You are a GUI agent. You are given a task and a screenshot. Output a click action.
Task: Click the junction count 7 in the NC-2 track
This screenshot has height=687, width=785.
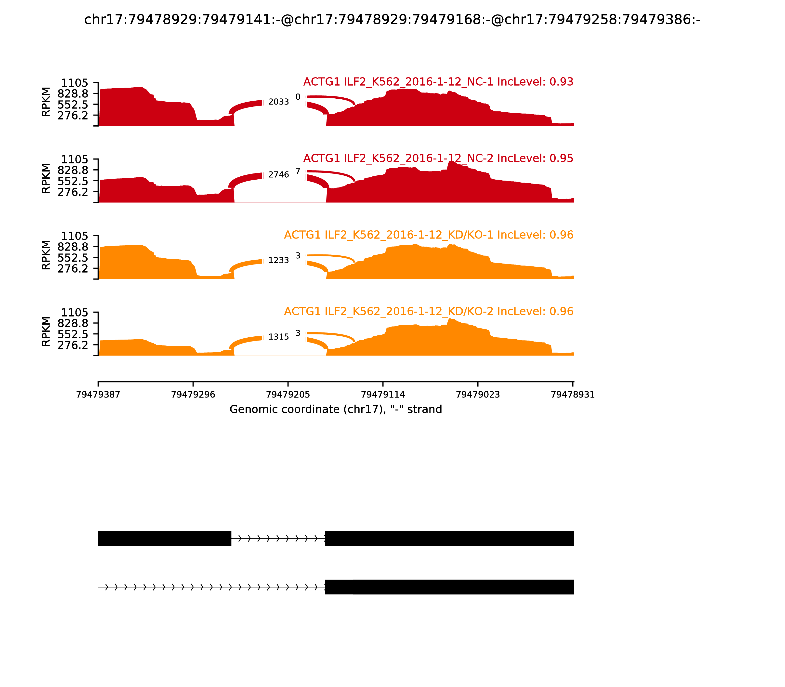point(298,171)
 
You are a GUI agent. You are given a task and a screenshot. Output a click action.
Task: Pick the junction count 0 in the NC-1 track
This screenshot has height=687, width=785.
point(298,97)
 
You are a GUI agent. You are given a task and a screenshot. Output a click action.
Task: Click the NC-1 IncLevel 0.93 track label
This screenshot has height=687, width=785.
point(438,82)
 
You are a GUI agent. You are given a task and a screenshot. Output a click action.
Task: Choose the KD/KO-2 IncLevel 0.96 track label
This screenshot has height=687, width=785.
point(429,311)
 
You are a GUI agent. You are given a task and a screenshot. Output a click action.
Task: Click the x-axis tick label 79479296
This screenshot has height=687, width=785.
point(193,395)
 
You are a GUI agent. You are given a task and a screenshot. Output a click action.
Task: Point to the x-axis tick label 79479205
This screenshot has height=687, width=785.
point(288,395)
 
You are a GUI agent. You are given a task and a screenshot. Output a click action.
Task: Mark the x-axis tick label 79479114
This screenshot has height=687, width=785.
point(383,395)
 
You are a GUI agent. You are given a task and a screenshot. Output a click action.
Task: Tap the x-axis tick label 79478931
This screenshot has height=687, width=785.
point(573,395)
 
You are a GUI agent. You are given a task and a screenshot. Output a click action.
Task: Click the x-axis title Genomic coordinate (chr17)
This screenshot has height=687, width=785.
point(336,410)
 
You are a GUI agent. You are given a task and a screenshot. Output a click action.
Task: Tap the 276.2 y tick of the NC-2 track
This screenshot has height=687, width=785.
point(73,192)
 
